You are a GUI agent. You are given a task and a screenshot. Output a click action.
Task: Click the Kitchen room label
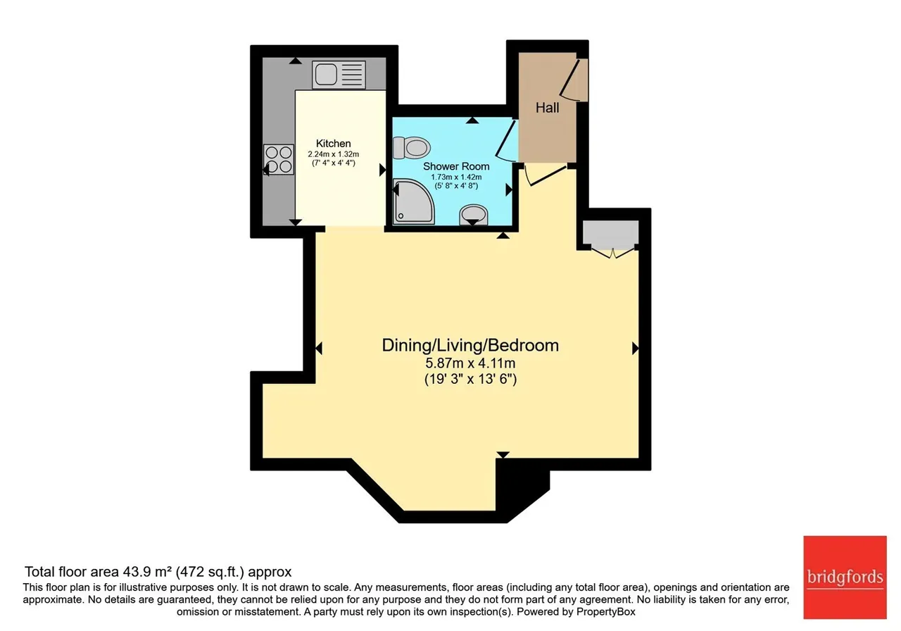(333, 143)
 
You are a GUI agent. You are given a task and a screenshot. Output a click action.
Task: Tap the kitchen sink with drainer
(339, 75)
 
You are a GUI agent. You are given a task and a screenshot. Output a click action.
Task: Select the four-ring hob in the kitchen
(278, 159)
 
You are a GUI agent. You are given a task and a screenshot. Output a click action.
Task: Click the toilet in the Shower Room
(412, 148)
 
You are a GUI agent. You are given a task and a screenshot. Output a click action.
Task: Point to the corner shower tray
(413, 201)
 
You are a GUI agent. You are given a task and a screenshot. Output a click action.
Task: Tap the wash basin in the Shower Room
(474, 215)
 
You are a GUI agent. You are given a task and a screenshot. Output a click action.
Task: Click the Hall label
(547, 108)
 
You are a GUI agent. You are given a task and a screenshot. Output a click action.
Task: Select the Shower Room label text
(456, 166)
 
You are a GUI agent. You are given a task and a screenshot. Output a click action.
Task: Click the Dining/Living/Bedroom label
(470, 345)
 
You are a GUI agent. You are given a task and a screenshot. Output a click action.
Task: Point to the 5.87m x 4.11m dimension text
(470, 363)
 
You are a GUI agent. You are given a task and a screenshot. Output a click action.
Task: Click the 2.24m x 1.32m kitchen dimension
(334, 154)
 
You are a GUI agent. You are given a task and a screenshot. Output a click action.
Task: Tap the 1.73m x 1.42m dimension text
(456, 177)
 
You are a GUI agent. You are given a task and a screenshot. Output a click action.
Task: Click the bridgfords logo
(845, 577)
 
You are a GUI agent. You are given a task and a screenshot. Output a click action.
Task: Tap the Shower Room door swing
(506, 140)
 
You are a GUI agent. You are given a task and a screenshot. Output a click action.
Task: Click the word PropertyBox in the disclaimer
(606, 612)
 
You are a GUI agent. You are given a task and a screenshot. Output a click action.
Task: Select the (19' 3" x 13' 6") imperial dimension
(470, 379)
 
